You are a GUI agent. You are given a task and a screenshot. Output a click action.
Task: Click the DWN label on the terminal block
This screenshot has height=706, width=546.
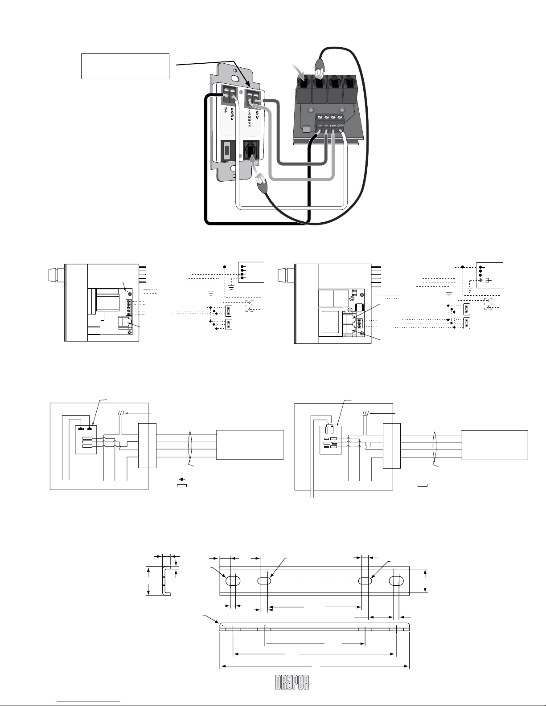[x=340, y=126]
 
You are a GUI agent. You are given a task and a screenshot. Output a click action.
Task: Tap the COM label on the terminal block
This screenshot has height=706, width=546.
[x=333, y=126]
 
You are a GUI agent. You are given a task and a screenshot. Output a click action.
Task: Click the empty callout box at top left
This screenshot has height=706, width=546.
[x=125, y=66]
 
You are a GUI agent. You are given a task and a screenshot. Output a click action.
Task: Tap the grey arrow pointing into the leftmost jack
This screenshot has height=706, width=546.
[x=299, y=71]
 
